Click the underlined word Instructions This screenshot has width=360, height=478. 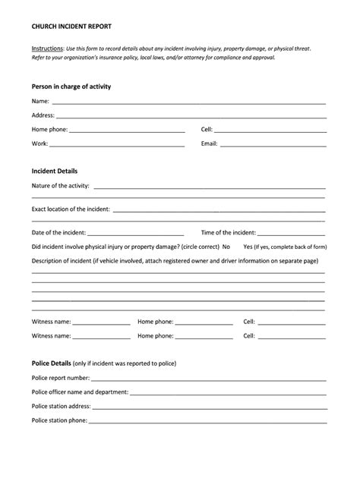click(x=46, y=48)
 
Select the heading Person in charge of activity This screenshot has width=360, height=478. click(x=71, y=86)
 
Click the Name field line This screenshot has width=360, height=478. click(x=190, y=102)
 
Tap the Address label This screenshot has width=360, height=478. click(x=43, y=115)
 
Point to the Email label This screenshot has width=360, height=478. click(x=209, y=143)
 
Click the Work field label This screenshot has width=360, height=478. click(x=39, y=143)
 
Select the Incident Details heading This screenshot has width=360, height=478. click(x=55, y=171)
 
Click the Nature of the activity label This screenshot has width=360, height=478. click(x=60, y=186)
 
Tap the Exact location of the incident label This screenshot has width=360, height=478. click(x=71, y=209)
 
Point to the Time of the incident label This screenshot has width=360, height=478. click(x=228, y=233)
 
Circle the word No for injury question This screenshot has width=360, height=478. click(x=226, y=247)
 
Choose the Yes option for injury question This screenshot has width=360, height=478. click(x=248, y=247)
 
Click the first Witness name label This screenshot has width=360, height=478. click(x=51, y=322)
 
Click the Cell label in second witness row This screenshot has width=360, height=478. click(x=248, y=335)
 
